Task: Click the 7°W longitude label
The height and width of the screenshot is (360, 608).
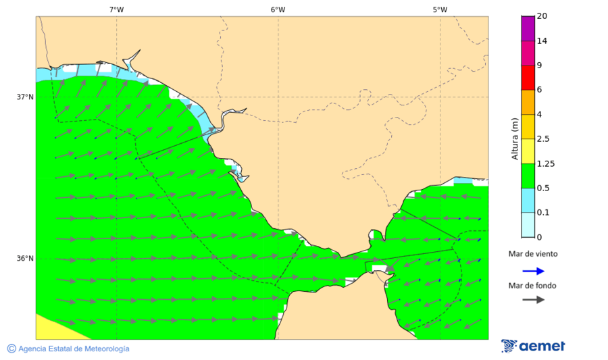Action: (x=116, y=9)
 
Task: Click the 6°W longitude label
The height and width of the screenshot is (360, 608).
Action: (x=278, y=9)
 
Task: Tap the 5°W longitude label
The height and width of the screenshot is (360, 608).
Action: (x=440, y=9)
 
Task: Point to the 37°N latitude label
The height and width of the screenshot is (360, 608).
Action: (x=25, y=97)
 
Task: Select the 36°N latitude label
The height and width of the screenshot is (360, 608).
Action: (x=25, y=259)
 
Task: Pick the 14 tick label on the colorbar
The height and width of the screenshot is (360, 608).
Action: (x=541, y=41)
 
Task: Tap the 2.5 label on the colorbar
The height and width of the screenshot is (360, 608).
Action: (x=542, y=139)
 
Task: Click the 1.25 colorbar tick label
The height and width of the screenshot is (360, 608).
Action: (x=544, y=163)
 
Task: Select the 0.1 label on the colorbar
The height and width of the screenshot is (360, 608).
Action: (x=542, y=213)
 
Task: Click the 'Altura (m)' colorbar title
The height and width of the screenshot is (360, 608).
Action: (x=515, y=138)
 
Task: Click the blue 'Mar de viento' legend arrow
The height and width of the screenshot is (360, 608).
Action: (x=533, y=271)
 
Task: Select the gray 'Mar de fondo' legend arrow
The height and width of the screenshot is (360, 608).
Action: (x=533, y=299)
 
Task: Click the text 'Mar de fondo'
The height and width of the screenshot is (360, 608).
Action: (x=532, y=286)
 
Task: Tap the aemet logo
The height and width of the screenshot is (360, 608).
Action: (x=533, y=346)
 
